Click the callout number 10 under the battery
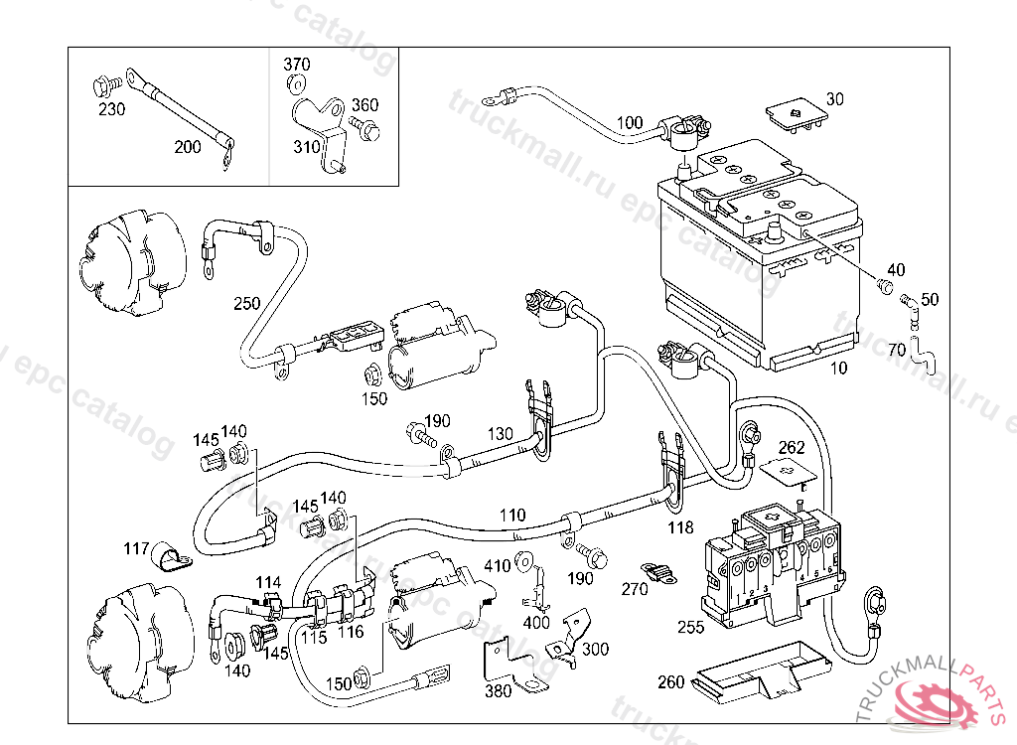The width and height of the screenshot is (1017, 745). pos(839,369)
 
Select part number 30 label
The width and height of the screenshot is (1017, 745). pos(834,99)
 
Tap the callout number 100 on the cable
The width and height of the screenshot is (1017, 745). pos(630,123)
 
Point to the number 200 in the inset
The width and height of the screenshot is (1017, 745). pos(188,147)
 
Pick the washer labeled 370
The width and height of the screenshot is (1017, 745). pos(298,84)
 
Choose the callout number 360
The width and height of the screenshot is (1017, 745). pos(364,105)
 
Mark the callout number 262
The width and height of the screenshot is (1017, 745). pos(791,448)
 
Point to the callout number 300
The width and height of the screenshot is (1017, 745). pos(596,649)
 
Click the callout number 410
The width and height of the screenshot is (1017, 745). pos(497,566)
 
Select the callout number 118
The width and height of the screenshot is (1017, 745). pos(680,528)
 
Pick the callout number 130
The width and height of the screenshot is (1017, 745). pos(501,434)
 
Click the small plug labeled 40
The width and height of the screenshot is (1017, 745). pos(883,288)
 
